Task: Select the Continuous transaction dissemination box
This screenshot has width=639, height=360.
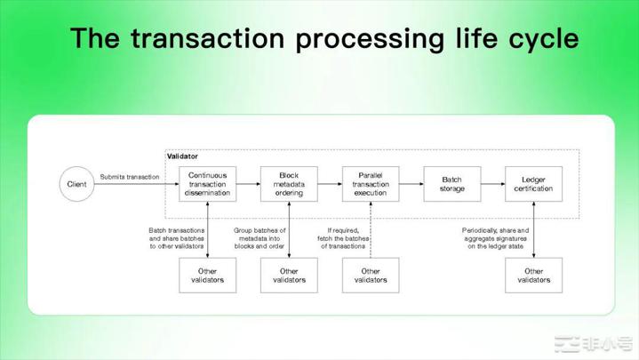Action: [206, 183]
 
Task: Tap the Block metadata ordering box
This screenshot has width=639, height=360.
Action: [289, 183]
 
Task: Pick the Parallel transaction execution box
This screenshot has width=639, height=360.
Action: [371, 183]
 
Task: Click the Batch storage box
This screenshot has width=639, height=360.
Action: [451, 183]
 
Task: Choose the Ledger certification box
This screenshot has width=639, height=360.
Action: [533, 183]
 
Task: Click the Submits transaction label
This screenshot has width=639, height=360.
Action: [130, 177]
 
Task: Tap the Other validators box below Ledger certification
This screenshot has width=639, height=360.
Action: [533, 275]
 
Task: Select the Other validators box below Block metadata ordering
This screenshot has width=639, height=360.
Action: [289, 275]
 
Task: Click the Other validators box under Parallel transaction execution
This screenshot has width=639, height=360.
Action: [371, 275]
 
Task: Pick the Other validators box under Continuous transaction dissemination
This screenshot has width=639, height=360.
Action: [206, 275]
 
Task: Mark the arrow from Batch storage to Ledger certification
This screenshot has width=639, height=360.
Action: [492, 183]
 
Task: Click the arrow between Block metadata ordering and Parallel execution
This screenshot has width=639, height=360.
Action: [330, 183]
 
